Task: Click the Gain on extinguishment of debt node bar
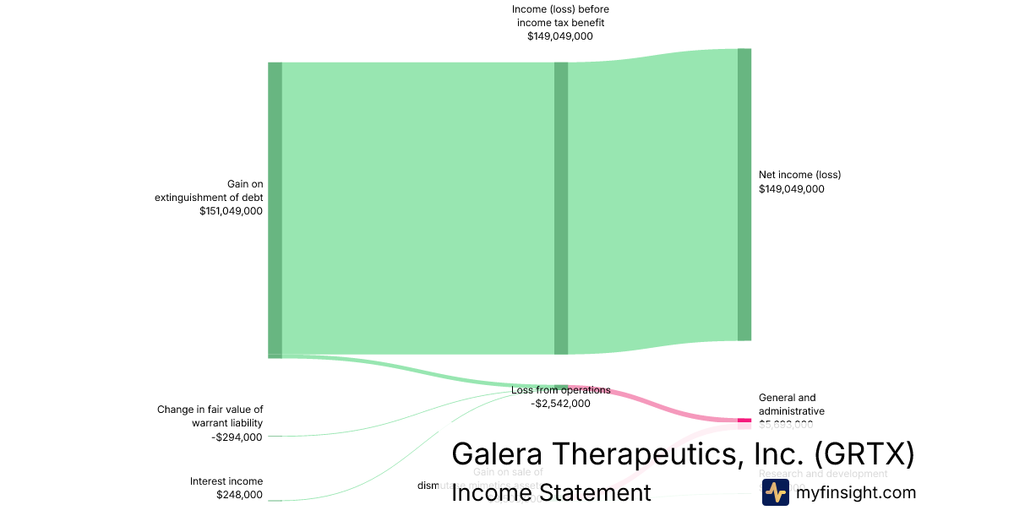coord(275,209)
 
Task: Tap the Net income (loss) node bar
coord(744,194)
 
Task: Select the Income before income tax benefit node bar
coord(561,209)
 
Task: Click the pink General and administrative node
coord(744,420)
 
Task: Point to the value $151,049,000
coord(231,211)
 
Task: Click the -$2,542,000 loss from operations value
coord(560,404)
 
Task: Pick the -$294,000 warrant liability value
coord(237,437)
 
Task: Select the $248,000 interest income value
coord(239,495)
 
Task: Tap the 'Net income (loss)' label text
coord(799,175)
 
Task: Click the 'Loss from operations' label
coord(560,390)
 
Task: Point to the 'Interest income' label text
coord(226,481)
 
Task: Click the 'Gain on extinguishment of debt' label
coord(209,191)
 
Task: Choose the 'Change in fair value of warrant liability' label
coord(210,416)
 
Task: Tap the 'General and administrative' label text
coord(791,404)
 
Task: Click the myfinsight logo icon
coord(775,492)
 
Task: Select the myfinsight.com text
coord(855,493)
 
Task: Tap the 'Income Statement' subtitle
coord(551,492)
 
